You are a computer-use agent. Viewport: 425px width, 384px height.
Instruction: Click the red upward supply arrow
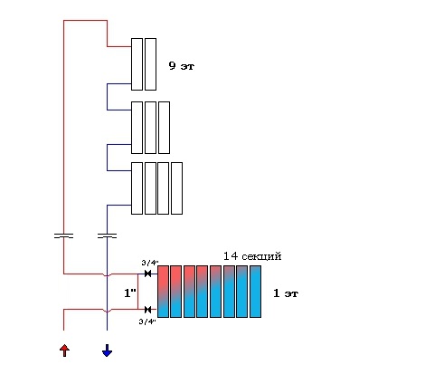[x=64, y=350]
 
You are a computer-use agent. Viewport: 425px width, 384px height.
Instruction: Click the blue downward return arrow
[x=107, y=350]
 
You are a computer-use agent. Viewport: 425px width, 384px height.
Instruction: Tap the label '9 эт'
[x=181, y=65]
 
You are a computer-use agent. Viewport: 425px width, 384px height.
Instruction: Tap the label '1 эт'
[x=286, y=293]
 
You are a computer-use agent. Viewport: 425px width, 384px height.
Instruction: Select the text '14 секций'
[x=252, y=256]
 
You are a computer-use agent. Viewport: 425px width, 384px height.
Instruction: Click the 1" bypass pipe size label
[x=130, y=293]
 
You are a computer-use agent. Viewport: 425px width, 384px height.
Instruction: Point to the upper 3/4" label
[x=150, y=263]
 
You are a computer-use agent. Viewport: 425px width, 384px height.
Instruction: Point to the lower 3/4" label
[x=147, y=322]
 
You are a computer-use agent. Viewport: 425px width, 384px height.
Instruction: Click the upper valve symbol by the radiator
[x=147, y=274]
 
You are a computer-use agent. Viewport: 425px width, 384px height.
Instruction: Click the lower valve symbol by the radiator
[x=147, y=310]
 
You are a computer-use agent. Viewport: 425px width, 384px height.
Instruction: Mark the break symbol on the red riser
[x=63, y=235]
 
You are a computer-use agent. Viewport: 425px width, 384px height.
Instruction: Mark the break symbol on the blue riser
[x=107, y=235]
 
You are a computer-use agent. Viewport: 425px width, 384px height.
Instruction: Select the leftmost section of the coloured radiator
[x=163, y=292]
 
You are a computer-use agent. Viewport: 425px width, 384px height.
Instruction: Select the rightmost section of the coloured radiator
[x=255, y=292]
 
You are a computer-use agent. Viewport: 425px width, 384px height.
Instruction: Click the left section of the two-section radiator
[x=137, y=64]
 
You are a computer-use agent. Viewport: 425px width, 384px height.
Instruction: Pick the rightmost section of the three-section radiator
[x=164, y=128]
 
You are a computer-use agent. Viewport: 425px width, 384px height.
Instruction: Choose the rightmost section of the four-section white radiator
[x=176, y=188]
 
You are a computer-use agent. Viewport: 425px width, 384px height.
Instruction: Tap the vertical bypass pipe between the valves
[x=137, y=292]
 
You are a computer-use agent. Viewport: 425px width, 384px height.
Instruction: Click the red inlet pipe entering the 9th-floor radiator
[x=119, y=47]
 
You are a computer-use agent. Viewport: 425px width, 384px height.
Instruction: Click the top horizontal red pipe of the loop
[x=85, y=21]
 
